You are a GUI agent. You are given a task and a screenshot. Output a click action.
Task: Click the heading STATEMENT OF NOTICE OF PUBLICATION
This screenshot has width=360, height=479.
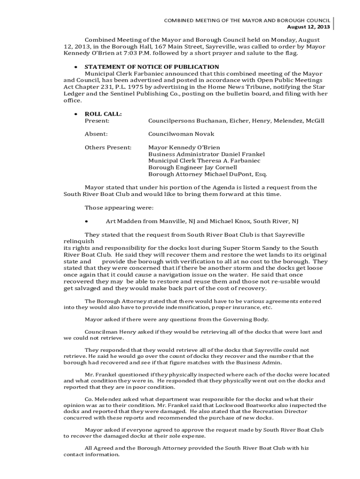151,67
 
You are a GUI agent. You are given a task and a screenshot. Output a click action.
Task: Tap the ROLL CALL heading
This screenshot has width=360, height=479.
103,114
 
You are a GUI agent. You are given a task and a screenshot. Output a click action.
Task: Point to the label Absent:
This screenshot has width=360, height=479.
96,134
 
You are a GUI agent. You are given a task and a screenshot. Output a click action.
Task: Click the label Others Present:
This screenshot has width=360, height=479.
108,147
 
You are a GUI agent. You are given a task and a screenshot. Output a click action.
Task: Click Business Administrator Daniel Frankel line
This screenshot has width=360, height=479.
206,154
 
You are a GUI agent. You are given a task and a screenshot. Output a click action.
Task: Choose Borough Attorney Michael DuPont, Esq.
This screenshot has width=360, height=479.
208,174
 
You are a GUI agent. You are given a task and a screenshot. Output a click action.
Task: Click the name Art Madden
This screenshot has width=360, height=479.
123,221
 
